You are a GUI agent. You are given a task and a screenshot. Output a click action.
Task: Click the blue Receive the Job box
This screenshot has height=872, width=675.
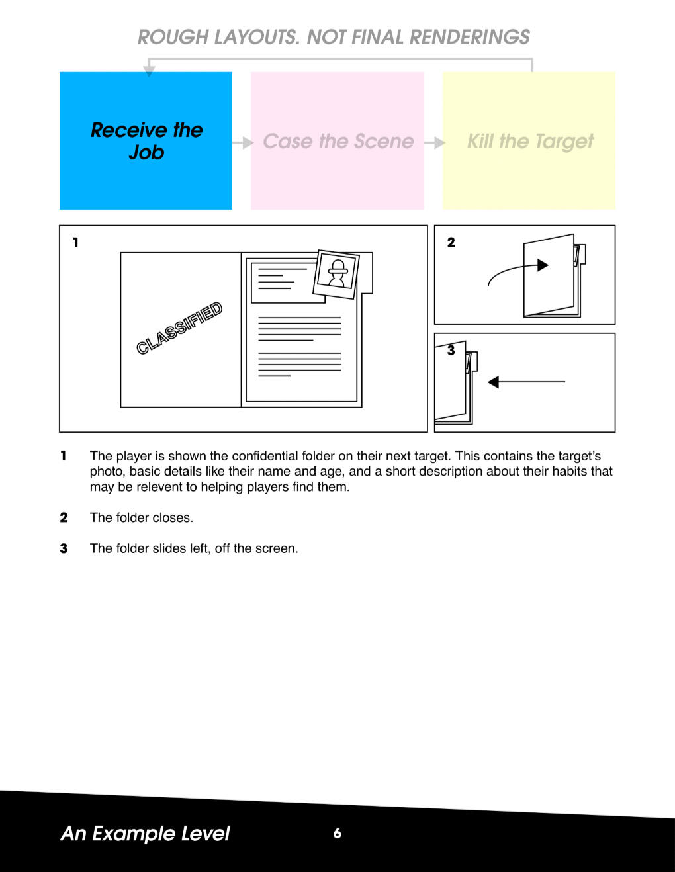(146, 140)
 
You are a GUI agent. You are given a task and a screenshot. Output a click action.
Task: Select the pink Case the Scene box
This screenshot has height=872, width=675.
(337, 140)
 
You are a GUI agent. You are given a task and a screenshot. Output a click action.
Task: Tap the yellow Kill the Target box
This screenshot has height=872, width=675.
(529, 140)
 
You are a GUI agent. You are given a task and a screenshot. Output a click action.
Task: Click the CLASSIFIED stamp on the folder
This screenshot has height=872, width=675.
(179, 328)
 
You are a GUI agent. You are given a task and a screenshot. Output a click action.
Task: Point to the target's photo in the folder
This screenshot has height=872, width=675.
(336, 274)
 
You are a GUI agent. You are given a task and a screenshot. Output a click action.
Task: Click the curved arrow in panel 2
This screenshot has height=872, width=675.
(517, 271)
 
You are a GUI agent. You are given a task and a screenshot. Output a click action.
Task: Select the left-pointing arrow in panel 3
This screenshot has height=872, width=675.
(526, 382)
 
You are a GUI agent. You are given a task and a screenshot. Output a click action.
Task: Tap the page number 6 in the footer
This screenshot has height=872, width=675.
(337, 834)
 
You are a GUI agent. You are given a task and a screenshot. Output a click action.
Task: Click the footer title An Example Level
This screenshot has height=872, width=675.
(145, 834)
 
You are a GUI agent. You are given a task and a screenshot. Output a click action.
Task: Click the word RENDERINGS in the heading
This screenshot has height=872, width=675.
(470, 37)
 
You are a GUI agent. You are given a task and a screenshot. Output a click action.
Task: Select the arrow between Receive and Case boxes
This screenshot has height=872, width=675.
(243, 142)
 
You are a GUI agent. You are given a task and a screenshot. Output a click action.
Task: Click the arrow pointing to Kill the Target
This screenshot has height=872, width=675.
(434, 142)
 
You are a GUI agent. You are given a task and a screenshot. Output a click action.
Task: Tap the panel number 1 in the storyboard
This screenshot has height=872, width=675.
(75, 242)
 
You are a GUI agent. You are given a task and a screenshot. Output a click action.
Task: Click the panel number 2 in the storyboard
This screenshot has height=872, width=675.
(451, 242)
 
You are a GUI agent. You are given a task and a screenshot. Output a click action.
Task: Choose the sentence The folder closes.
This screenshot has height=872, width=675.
(141, 517)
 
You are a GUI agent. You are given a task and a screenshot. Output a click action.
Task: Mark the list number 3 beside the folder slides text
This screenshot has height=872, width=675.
(64, 548)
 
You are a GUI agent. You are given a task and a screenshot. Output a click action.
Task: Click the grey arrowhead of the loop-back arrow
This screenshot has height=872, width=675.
(149, 71)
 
